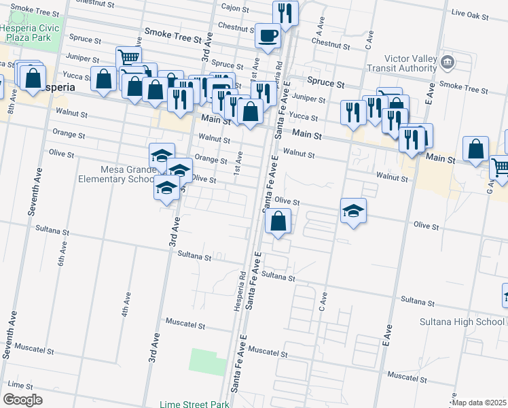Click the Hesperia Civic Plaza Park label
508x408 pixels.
pos(31,33)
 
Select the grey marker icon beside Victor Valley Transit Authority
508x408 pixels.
pos(448,63)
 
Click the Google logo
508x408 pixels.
pos(22,400)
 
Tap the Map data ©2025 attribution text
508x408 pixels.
pos(479,403)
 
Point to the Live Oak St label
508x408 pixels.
pos(469,13)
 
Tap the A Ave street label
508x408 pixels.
pos(317,29)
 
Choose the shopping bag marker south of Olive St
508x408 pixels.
pos(278,222)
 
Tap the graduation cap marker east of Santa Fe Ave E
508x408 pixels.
pos(353,211)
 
